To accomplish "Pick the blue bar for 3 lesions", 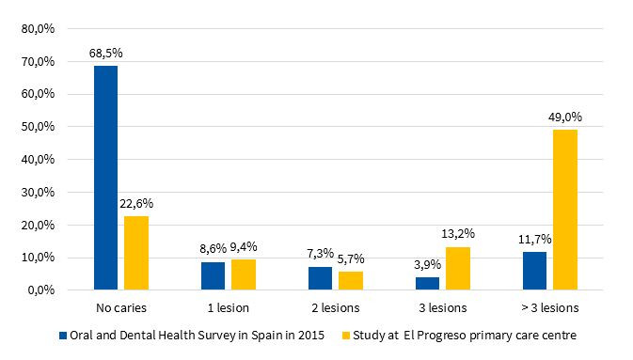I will coord(428,283).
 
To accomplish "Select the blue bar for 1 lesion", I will coord(213,275).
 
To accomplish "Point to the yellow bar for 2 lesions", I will coord(351,280).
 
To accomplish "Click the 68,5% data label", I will coord(105,54).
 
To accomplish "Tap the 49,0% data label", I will coord(565,117).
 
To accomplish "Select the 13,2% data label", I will coord(458,234).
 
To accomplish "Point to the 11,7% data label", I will coord(534,239).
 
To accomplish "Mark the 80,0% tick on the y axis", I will coord(38,28).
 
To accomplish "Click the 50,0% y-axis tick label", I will coord(38,126).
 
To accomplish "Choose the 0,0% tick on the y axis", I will coord(40,290).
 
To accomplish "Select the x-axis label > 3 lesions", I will coord(549,307).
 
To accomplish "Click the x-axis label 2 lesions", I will coord(334,307).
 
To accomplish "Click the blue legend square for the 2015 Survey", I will coord(63,334).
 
